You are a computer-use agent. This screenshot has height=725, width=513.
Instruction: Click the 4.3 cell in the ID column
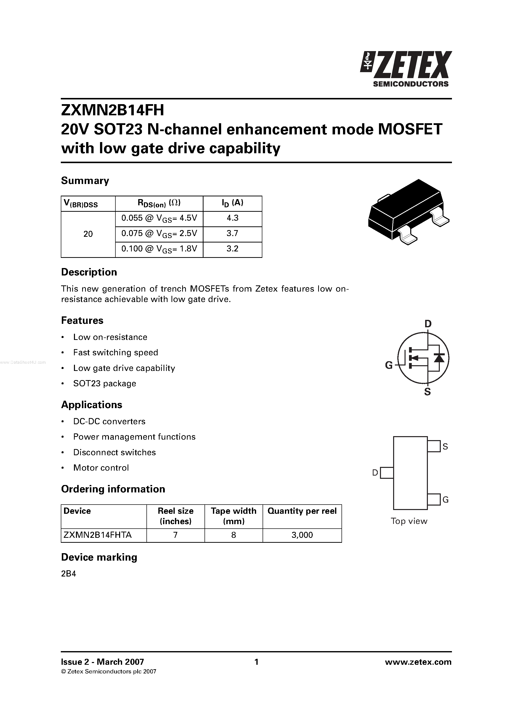tap(232, 218)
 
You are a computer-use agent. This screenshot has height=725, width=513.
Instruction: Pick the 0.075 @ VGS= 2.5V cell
tap(159, 234)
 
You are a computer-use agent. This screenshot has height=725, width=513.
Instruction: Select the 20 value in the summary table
tap(88, 234)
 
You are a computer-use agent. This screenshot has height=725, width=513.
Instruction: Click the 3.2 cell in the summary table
tap(232, 249)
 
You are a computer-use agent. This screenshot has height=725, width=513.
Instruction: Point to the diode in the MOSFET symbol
tap(439, 358)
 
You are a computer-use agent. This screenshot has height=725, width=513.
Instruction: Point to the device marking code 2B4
tap(68, 574)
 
